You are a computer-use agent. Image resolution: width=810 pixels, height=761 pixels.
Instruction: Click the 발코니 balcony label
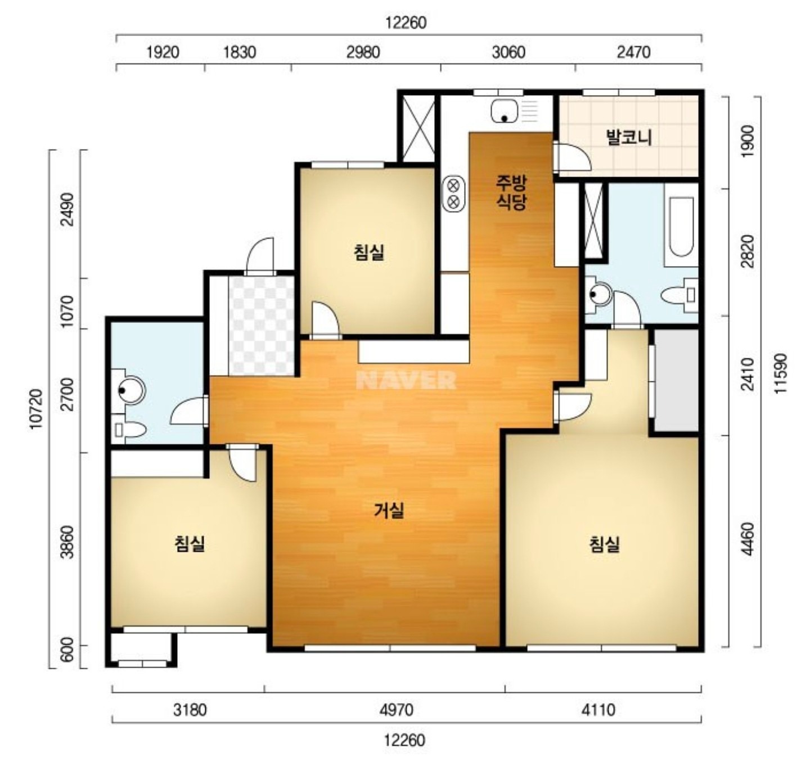pyautogui.click(x=629, y=137)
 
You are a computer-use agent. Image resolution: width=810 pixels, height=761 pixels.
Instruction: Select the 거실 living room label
pyautogui.click(x=389, y=510)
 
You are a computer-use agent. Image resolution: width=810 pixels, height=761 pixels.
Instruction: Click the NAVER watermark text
pyautogui.click(x=406, y=380)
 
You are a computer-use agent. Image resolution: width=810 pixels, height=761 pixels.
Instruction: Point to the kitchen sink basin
pyautogui.click(x=505, y=111)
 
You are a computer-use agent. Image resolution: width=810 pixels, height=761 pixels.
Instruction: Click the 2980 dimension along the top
pyautogui.click(x=363, y=53)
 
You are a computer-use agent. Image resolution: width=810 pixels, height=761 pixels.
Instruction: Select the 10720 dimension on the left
pyautogui.click(x=36, y=409)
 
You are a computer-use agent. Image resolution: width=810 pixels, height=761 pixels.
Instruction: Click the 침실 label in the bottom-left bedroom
pyautogui.click(x=190, y=544)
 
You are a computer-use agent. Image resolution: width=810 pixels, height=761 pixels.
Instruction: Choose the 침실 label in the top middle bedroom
pyautogui.click(x=368, y=253)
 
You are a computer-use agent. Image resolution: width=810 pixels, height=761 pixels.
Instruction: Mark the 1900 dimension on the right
pyautogui.click(x=749, y=141)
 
